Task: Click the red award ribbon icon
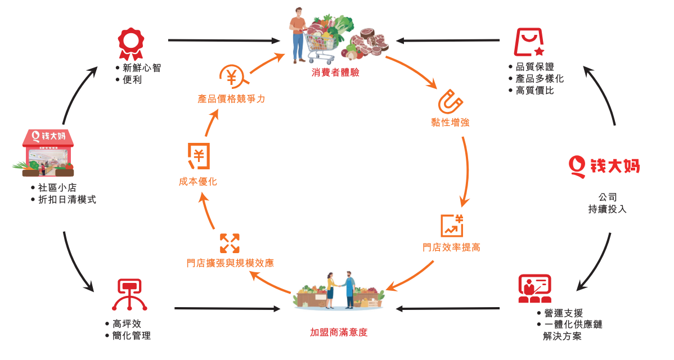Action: coord(131,43)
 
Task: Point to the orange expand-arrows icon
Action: coord(230,243)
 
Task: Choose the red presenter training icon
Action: coord(534,289)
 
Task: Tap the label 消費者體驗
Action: coord(335,73)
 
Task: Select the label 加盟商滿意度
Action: coord(339,332)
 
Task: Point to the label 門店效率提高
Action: coord(451,247)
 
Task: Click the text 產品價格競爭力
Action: coord(231,99)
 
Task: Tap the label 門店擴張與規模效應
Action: coord(231,263)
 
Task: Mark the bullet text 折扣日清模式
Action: coord(71,199)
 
